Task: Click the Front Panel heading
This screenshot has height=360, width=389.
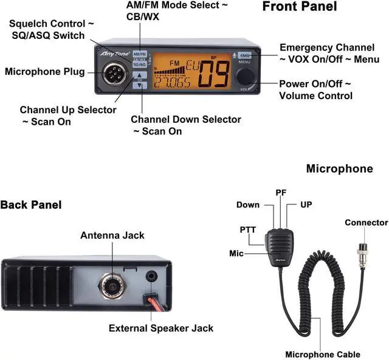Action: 299,7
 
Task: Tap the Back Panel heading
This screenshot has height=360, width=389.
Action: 30,205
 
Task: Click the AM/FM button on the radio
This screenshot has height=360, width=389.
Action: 140,54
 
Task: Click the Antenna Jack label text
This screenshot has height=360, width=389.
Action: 112,235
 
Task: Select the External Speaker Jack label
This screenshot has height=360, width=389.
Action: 161,328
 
